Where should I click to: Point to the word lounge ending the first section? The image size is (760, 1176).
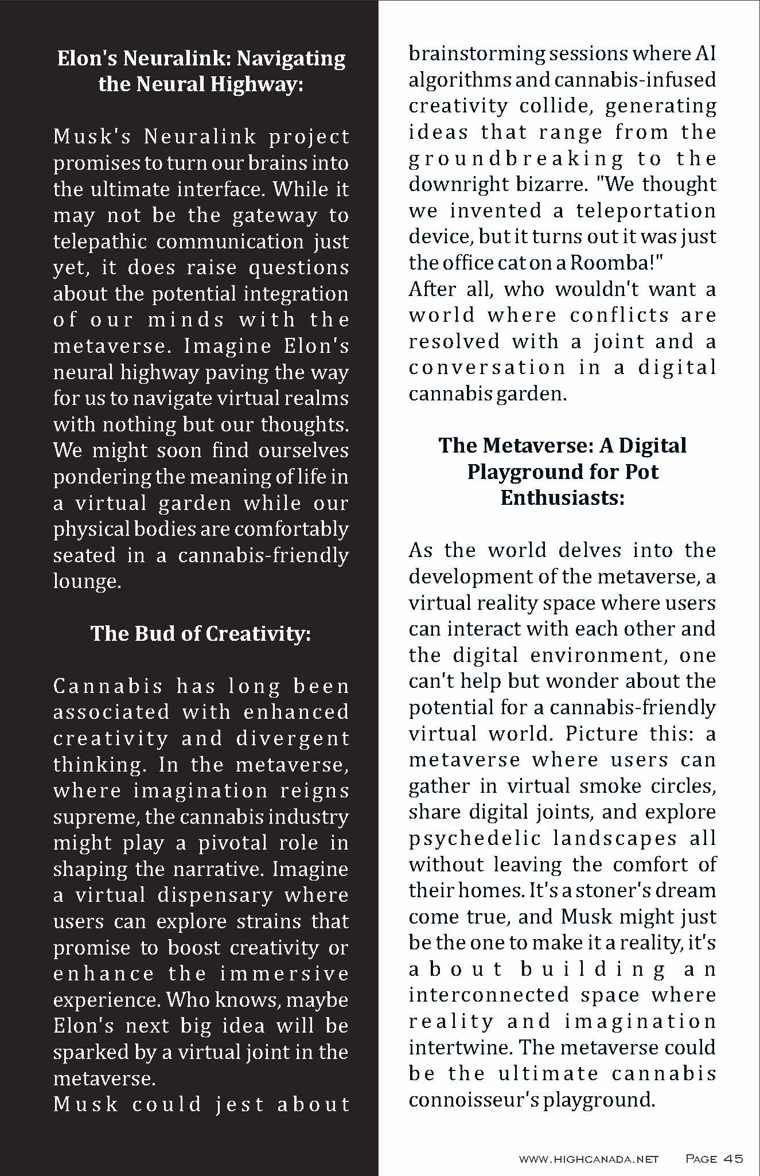(x=86, y=581)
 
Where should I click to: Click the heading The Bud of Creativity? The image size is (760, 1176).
(x=201, y=633)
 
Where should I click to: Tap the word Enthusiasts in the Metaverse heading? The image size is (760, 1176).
(x=562, y=497)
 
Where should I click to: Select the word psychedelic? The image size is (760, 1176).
(x=475, y=838)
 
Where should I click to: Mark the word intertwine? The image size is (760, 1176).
(x=460, y=1048)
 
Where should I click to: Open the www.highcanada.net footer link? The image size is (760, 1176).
(x=588, y=1159)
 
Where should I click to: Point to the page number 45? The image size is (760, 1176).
(x=733, y=1159)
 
